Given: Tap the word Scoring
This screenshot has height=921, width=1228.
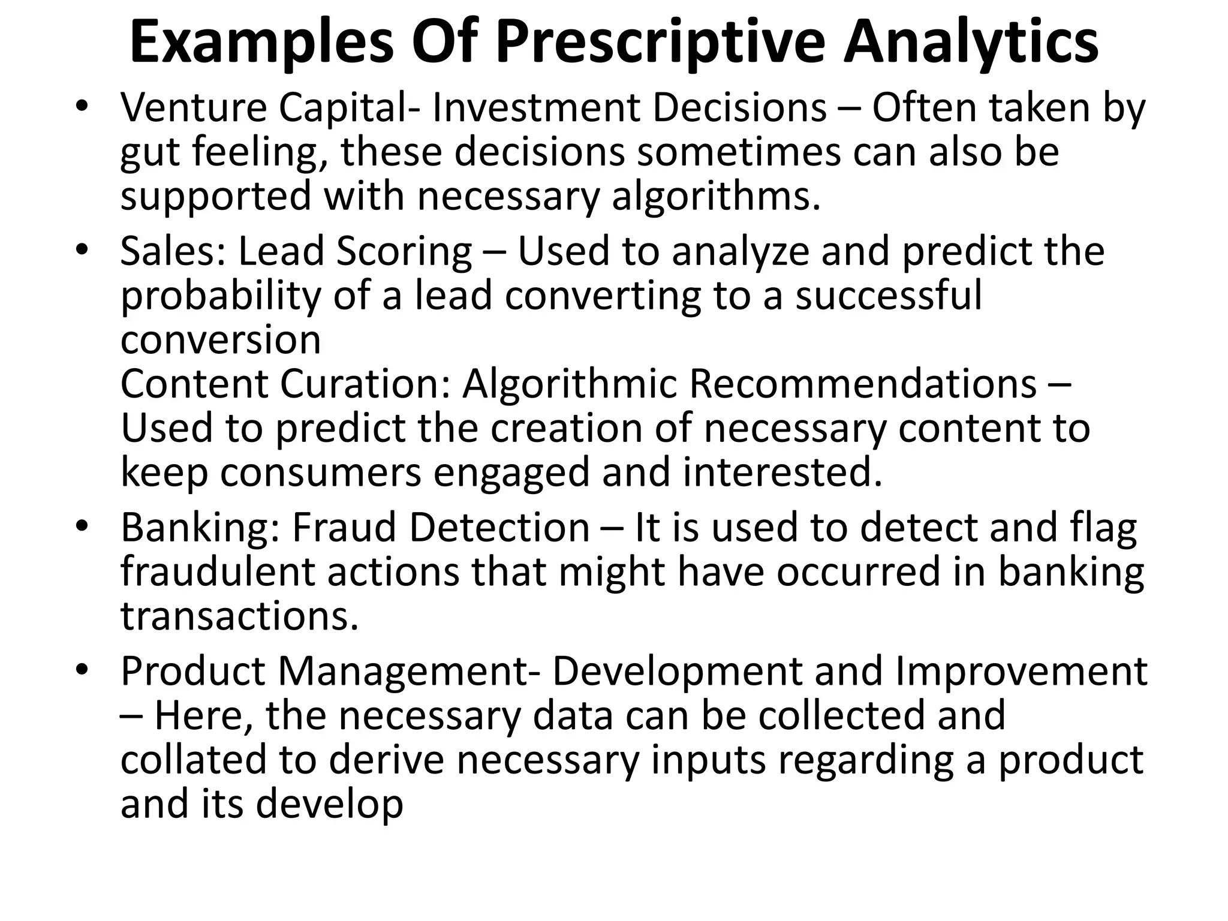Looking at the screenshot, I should (404, 252).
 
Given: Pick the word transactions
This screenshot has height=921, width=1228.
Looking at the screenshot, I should (239, 616).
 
